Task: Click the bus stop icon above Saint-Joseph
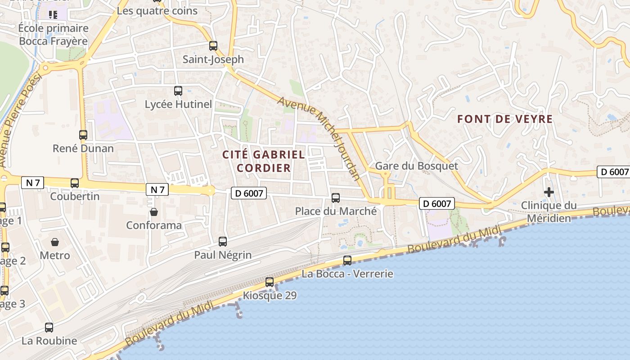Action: click(213, 45)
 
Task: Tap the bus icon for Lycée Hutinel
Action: click(178, 91)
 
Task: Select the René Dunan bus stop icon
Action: click(83, 135)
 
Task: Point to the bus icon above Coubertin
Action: click(75, 183)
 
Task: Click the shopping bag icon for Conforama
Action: click(154, 211)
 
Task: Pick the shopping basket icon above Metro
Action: click(55, 242)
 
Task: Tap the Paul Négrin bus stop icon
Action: click(223, 241)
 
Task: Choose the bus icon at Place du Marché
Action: click(336, 198)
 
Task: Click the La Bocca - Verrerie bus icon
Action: click(347, 260)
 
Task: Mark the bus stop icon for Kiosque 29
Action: click(270, 282)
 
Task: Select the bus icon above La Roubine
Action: click(49, 327)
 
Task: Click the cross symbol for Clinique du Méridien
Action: click(549, 192)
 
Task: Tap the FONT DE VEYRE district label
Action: click(505, 119)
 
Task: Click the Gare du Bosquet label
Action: click(416, 166)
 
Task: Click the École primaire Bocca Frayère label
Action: click(53, 35)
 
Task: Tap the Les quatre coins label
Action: click(157, 11)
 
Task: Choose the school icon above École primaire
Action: click(53, 15)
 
